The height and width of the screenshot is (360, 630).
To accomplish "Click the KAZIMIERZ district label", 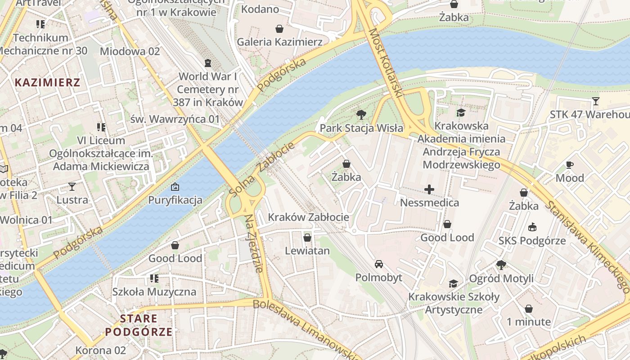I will click(x=47, y=82).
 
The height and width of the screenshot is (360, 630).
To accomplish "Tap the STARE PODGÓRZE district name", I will click(x=139, y=325).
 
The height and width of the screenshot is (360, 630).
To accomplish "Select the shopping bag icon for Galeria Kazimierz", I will click(x=279, y=29).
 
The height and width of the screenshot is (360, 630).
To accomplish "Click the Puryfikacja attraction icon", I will click(x=175, y=186).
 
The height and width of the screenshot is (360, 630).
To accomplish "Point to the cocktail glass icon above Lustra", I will click(x=72, y=186).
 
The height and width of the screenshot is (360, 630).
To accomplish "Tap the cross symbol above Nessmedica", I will click(x=429, y=189).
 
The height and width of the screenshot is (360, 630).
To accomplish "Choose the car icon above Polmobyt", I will click(x=379, y=264).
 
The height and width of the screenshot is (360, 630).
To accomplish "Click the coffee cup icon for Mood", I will click(x=570, y=165).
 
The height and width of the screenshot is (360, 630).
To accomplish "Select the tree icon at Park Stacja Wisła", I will click(x=361, y=115).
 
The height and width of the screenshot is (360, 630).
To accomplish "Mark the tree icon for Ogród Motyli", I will click(x=501, y=265).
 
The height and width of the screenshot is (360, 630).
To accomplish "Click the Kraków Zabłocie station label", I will click(x=308, y=217).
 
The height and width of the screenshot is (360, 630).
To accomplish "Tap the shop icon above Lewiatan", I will click(x=307, y=237).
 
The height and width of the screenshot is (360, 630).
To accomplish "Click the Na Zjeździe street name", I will click(x=253, y=243).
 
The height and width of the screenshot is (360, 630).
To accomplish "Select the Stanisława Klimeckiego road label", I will click(x=587, y=246).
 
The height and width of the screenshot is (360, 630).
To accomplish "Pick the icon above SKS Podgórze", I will click(x=532, y=227).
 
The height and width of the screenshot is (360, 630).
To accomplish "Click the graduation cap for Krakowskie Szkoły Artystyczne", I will click(x=453, y=284).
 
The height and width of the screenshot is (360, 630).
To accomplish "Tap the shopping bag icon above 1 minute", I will click(x=529, y=309).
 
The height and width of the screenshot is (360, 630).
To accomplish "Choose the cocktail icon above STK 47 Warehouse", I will click(x=596, y=101).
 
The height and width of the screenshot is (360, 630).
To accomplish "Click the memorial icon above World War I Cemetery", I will click(x=207, y=63).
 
